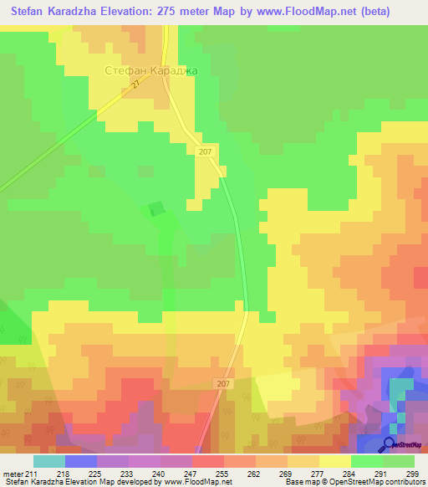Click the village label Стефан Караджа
tap(150, 71)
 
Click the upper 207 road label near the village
tap(206, 151)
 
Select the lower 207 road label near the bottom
tap(223, 383)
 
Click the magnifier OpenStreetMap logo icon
tap(389, 443)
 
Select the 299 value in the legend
tap(412, 473)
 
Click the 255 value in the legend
tap(222, 473)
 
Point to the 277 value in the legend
tap(317, 473)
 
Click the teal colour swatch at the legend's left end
tap(48, 461)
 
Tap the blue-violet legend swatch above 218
tap(80, 461)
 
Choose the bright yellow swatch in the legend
tap(334, 461)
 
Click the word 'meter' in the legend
tap(13, 473)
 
